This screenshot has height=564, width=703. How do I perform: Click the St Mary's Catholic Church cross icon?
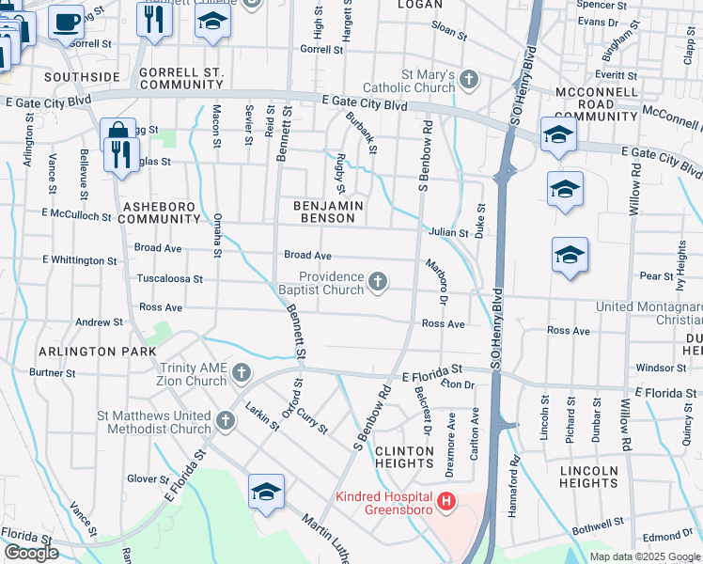(470, 81)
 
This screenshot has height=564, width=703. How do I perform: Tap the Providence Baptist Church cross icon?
(378, 282)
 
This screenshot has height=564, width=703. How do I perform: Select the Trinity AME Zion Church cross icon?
(241, 373)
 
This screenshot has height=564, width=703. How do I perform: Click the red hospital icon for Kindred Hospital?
(446, 503)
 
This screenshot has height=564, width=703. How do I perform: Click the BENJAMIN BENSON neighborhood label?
(327, 211)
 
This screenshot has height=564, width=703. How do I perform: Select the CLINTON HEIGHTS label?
(404, 458)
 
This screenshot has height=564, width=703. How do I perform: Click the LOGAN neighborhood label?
(419, 5)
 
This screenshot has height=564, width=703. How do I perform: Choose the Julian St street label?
(449, 233)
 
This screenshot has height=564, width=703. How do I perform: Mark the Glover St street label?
(148, 479)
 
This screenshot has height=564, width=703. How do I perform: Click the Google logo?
(31, 553)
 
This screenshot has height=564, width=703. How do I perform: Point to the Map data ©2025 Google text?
(644, 556)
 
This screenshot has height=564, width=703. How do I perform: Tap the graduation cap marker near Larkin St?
(266, 492)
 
